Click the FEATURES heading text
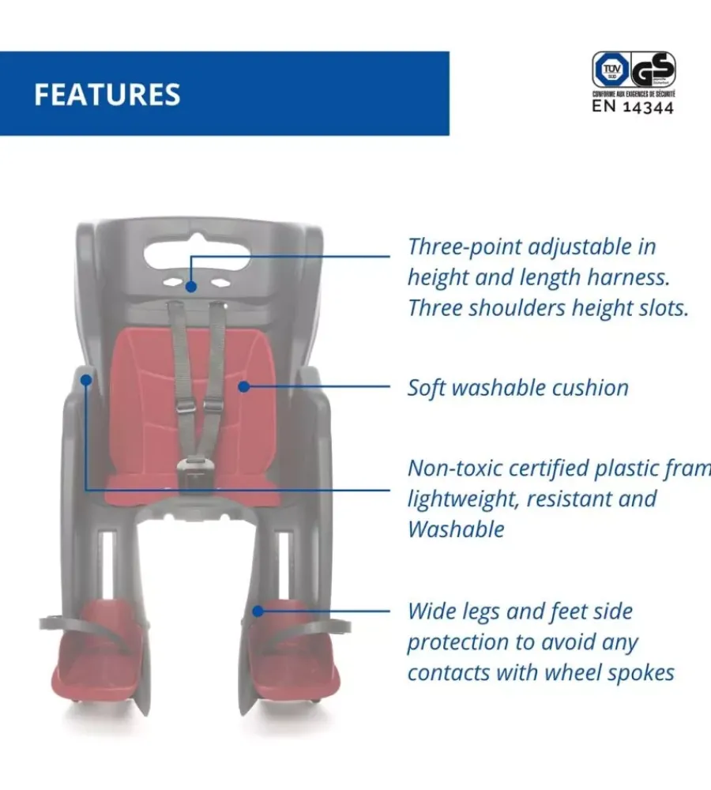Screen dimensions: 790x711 [107, 94]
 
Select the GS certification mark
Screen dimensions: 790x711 [652, 71]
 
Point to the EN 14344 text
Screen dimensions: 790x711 [633, 107]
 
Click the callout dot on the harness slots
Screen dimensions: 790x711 [191, 287]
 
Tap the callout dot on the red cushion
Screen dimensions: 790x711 [243, 386]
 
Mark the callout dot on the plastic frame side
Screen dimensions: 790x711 [85, 379]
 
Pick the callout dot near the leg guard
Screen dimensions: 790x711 [257, 611]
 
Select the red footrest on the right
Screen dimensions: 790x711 [296, 656]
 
